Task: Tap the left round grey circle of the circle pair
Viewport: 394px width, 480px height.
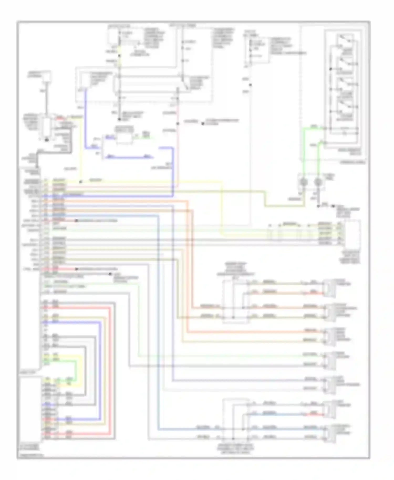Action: click(x=304, y=182)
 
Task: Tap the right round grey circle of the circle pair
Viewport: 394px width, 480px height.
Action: click(x=318, y=182)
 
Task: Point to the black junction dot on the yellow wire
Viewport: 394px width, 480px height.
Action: click(x=80, y=182)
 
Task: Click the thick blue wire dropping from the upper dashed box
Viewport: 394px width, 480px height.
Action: click(x=86, y=118)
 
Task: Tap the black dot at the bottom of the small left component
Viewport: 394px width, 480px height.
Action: click(x=46, y=140)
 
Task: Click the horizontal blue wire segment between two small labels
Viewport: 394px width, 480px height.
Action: click(x=129, y=157)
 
